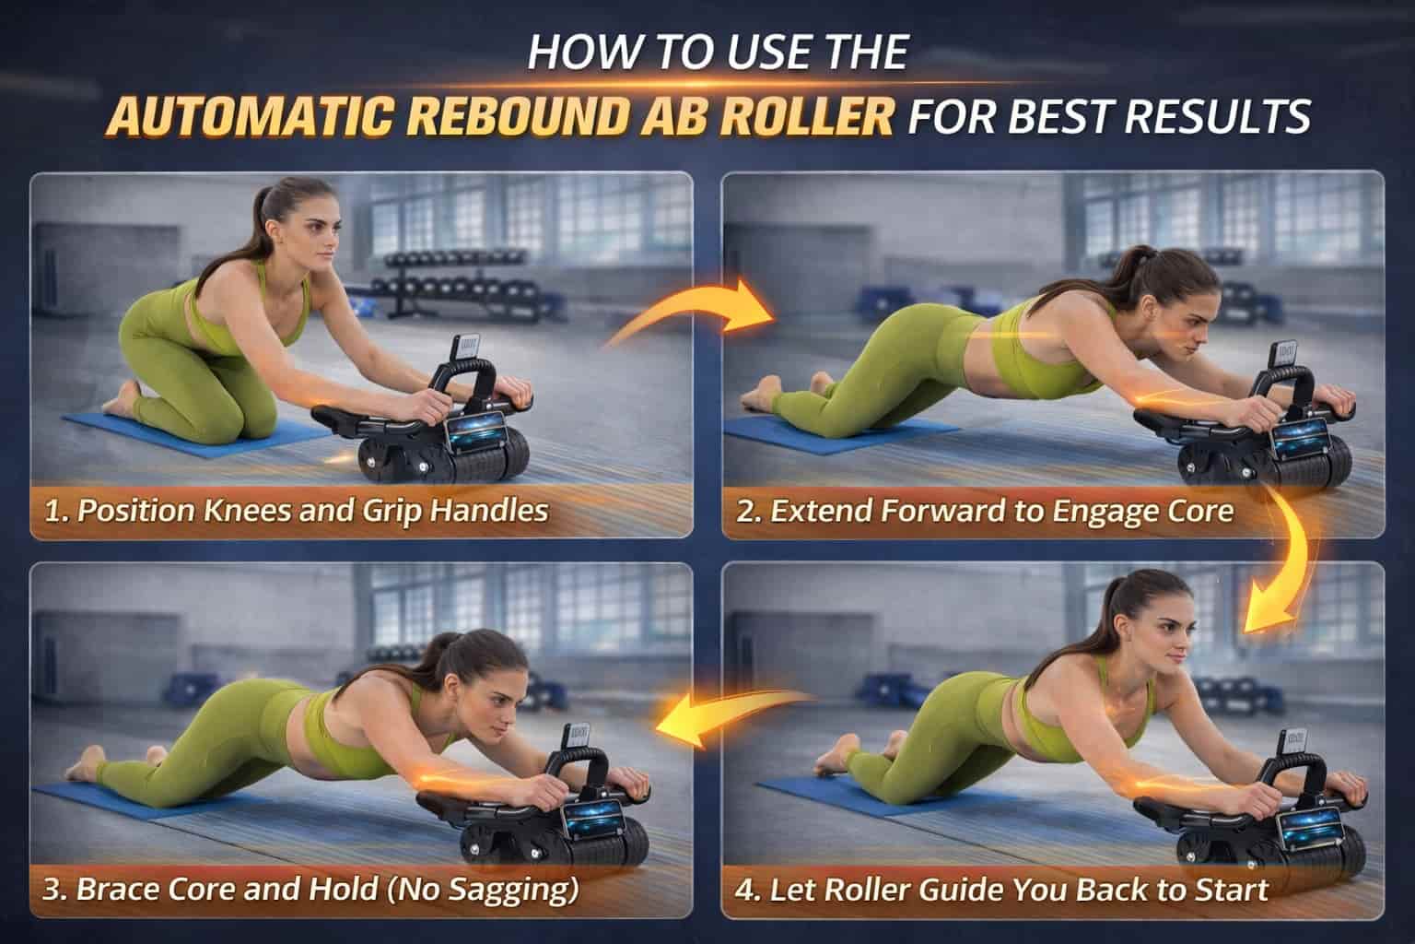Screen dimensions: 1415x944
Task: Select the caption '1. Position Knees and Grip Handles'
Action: [297, 511]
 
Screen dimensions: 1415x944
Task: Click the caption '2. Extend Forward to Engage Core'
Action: [984, 511]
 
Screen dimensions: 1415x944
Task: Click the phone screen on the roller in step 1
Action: [478, 433]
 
